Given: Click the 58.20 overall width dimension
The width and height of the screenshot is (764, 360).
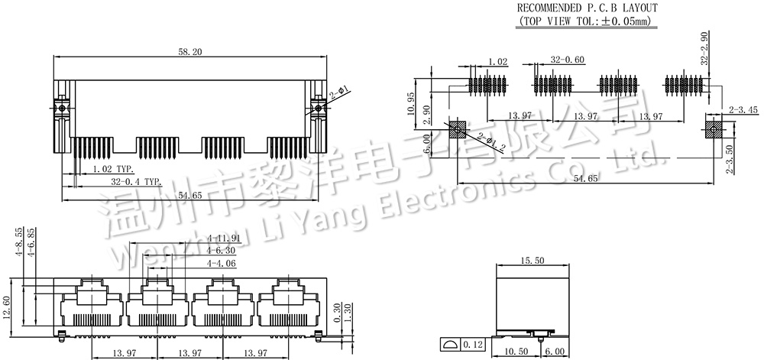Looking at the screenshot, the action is [x=189, y=51].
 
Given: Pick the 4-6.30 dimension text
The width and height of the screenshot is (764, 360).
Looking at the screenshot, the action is [x=222, y=251].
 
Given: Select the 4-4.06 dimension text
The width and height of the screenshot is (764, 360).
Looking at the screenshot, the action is [x=222, y=263].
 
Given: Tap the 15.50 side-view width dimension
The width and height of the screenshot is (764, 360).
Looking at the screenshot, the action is [x=533, y=261].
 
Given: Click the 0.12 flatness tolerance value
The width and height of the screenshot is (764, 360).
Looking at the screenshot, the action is [x=473, y=345].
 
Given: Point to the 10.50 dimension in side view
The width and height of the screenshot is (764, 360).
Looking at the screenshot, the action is [x=517, y=352].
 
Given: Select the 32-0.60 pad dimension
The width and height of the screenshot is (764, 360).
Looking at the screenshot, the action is [x=568, y=60].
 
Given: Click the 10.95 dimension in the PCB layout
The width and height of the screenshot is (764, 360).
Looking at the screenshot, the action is [x=412, y=103].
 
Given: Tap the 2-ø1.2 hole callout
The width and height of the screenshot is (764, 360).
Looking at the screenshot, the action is [x=490, y=143].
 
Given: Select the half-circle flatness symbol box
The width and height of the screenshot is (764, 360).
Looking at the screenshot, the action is [x=450, y=345].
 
